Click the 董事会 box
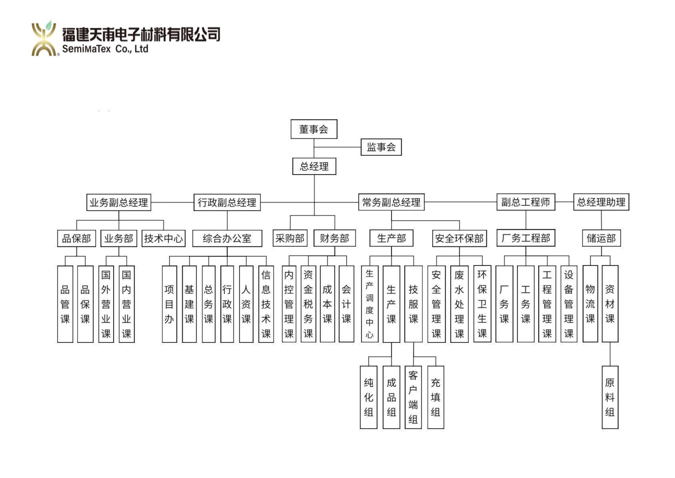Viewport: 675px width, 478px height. coord(314,129)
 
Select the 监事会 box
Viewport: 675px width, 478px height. coord(381,147)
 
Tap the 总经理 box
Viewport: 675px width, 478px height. coord(314,166)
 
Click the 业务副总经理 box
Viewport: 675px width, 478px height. coord(119,202)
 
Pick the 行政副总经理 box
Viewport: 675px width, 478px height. coord(227,202)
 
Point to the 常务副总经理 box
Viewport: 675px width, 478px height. coord(391,202)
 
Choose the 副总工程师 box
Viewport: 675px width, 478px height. coord(526,202)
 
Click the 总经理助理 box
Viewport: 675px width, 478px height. coord(601,202)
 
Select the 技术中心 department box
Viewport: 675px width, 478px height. coord(163,238)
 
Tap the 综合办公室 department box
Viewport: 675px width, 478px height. coord(227,238)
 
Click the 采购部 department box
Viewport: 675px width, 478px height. coord(290,238)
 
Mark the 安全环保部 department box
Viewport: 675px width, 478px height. coord(459,238)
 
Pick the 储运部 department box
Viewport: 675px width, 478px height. coord(601,238)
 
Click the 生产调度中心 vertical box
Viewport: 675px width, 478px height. coord(369,304)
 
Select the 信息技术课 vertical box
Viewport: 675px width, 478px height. coord(266,304)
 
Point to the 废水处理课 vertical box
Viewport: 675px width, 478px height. coord(459,304)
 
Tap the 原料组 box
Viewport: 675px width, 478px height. coord(610,397)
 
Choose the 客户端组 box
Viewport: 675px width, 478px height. coord(413,397)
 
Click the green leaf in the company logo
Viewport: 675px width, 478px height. coord(49,25)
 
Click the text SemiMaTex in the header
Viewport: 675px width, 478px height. coord(86,49)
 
